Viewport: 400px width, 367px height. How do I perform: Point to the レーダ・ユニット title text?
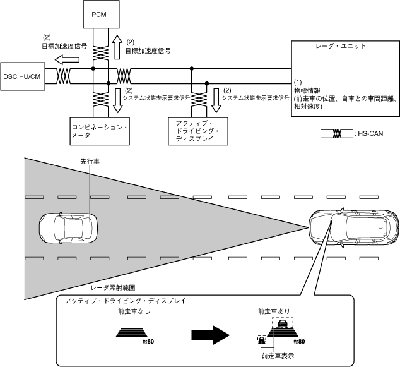pos(341,47)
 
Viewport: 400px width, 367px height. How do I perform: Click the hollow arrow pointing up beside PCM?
pos(117,45)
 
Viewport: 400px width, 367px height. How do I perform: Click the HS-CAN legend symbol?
pos(336,133)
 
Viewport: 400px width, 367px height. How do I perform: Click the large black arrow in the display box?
pos(213,333)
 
